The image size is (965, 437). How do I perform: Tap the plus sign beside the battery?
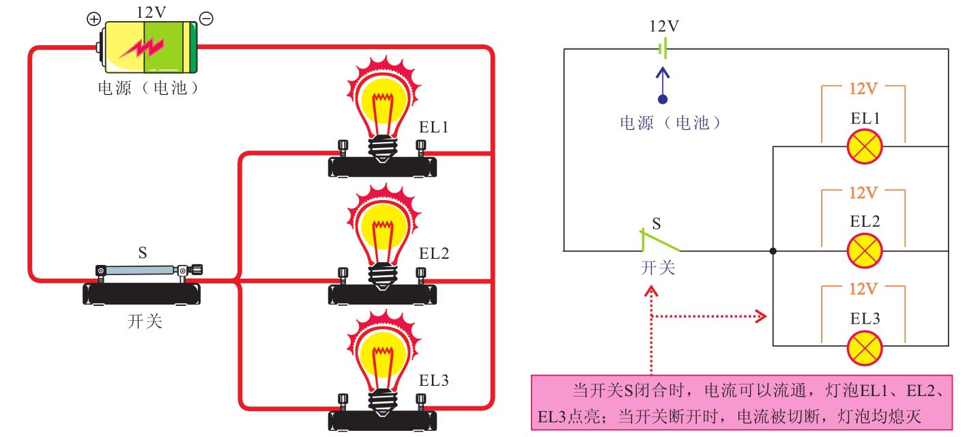(x=93, y=18)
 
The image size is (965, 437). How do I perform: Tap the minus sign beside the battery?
(x=205, y=18)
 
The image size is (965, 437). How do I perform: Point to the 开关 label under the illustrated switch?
(x=145, y=321)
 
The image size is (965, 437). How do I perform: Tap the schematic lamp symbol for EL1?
(x=865, y=146)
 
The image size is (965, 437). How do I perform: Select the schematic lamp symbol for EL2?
(x=865, y=251)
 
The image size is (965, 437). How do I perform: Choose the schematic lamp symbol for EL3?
(x=865, y=348)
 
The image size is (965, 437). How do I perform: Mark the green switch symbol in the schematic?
(x=659, y=240)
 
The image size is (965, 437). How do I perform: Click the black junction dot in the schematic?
(x=773, y=251)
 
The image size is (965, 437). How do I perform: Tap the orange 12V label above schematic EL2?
(x=863, y=193)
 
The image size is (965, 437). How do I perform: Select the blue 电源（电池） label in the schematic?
(x=671, y=123)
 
